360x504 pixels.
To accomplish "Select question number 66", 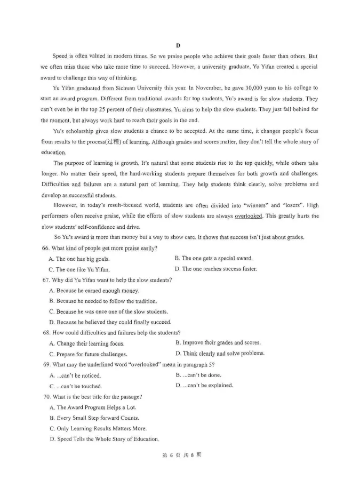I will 45,248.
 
